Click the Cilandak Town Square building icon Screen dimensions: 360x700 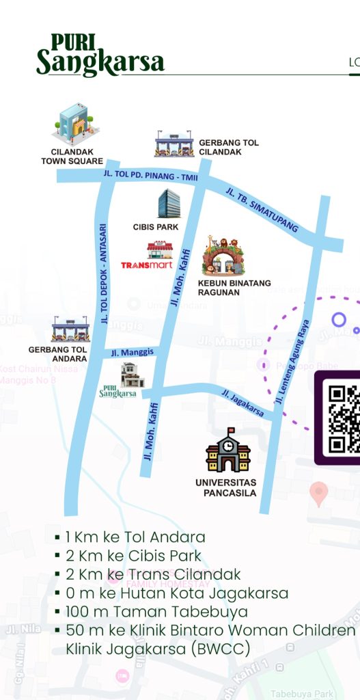(x=75, y=124)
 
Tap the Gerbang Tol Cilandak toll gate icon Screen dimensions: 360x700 (x=174, y=144)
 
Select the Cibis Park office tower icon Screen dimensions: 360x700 (x=169, y=204)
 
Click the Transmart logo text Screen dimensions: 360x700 (x=146, y=265)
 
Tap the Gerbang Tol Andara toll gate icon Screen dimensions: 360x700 (x=70, y=329)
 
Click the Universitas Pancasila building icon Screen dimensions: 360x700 (x=228, y=450)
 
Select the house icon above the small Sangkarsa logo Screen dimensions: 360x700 (x=132, y=375)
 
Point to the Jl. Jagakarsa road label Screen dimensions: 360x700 (x=243, y=403)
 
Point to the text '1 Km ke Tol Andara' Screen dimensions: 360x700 (x=135, y=537)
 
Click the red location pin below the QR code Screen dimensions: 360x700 (x=318, y=492)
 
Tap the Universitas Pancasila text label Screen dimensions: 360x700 (x=225, y=487)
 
